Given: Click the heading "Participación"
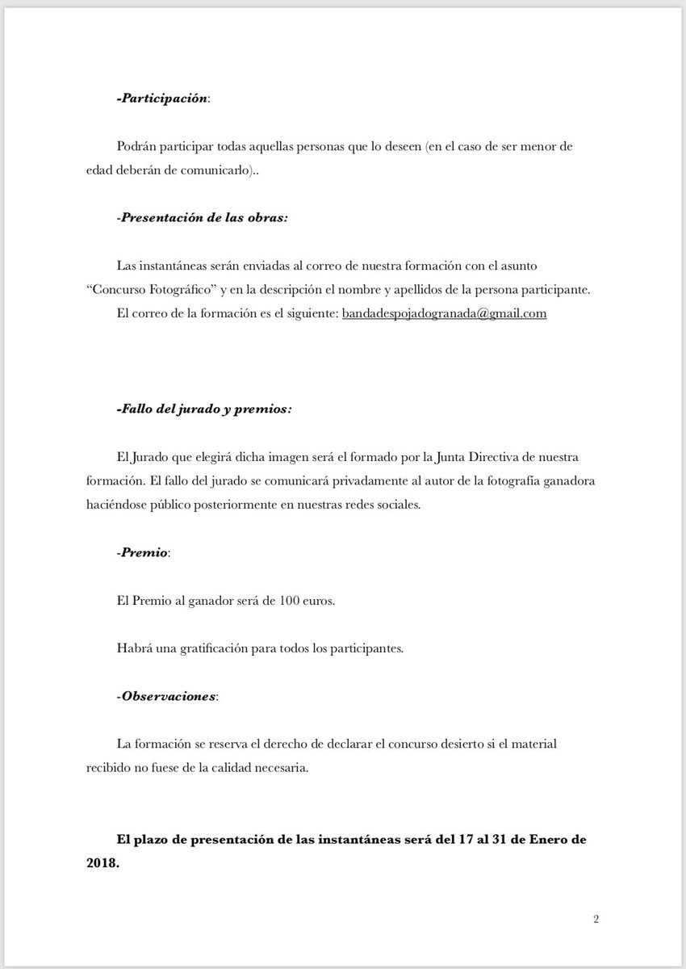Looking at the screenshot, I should click(164, 98).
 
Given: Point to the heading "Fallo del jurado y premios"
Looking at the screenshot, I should click(204, 409).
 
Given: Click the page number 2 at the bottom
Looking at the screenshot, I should click(596, 919).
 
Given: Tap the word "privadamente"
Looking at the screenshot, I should click(341, 482).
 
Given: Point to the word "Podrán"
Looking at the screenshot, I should click(136, 147).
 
